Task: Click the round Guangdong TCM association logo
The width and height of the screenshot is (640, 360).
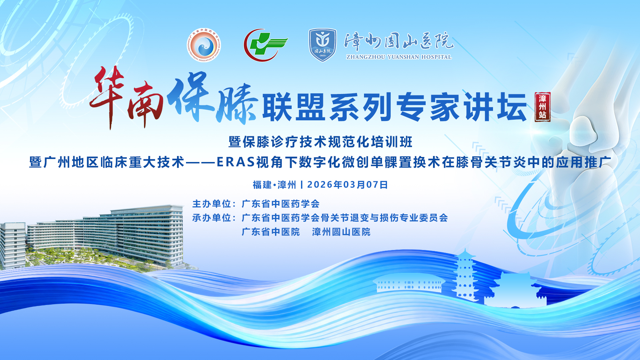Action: pos(204,45)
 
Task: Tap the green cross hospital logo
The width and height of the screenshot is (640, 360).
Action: pos(266,45)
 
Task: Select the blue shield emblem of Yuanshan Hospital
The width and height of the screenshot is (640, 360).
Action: pos(322,45)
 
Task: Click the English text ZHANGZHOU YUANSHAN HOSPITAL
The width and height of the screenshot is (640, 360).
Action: pos(399,57)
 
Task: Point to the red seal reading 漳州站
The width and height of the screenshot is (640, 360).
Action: pos(542,107)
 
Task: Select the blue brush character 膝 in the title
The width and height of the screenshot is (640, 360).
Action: pos(237,103)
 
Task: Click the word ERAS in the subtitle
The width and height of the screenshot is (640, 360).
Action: pos(236,162)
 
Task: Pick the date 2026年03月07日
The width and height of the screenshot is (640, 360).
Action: pos(347,185)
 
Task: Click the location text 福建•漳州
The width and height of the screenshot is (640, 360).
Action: pos(274,185)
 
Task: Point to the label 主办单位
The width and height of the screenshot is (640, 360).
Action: pos(212,204)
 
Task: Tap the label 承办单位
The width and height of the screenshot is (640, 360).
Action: pos(212,218)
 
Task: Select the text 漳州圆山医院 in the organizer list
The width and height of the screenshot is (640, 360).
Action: pos(341,232)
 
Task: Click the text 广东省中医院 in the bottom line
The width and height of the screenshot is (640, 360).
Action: pos(271,232)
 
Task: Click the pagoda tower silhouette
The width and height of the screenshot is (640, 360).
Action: pos(465,275)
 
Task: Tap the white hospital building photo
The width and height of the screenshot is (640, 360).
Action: pos(92,237)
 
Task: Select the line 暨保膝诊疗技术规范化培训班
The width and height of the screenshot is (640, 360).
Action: pos(321,142)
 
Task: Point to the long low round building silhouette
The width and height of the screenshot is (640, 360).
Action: pos(409,284)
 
